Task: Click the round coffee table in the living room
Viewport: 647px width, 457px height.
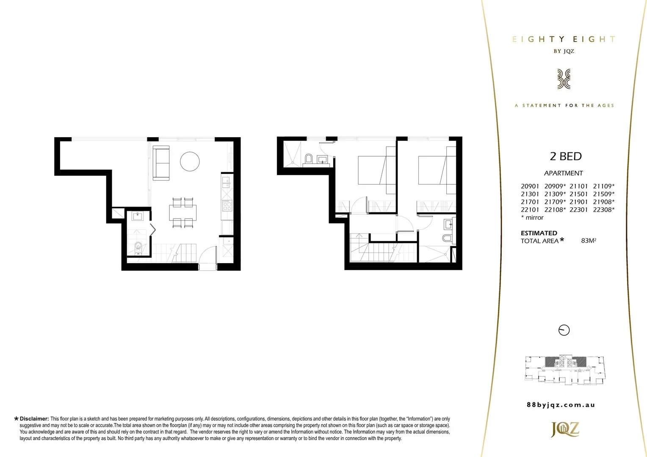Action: point(190,161)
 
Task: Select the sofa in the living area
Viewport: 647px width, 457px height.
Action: point(161,163)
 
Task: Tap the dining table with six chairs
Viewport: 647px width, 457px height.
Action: point(183,212)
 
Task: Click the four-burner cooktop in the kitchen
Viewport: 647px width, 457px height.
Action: point(227,206)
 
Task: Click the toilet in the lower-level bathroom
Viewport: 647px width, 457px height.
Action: point(137,247)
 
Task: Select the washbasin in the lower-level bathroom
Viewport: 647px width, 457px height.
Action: point(138,217)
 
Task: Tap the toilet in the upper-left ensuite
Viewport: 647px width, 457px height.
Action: point(309,159)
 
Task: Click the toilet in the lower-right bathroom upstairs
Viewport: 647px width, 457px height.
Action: point(447,238)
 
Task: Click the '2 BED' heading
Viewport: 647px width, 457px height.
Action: point(565,156)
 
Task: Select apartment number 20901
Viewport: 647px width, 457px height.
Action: point(530,186)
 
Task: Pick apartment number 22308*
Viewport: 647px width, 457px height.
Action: point(603,209)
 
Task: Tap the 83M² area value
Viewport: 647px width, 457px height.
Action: point(589,241)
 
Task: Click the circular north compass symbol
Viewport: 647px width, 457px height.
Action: point(564,330)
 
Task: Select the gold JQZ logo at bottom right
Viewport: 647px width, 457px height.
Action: point(564,429)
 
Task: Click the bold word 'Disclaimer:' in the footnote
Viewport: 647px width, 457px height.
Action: point(34,419)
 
